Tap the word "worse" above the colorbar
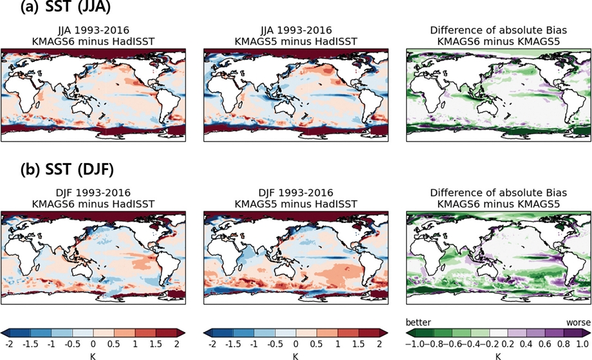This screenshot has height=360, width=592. coord(578,322)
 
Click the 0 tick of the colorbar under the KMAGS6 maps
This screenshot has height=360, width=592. coord(93,344)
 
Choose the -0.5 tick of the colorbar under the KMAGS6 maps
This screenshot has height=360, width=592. coord(72,344)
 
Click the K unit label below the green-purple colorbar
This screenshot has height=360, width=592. coord(498,355)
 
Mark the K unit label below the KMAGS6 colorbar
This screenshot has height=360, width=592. coord(93,355)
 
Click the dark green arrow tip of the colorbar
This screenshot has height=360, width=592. coord(410,332)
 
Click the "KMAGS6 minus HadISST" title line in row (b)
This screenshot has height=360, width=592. coord(93,203)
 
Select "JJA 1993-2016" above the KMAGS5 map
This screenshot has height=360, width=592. coord(296,30)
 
